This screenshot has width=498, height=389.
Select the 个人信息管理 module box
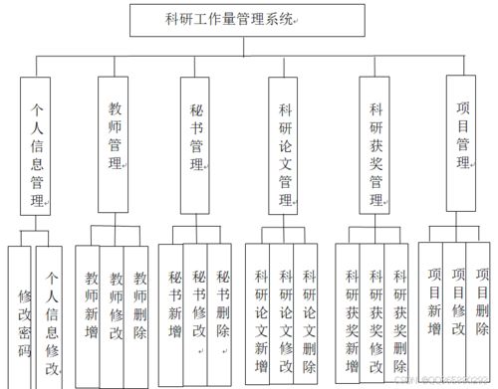(37, 147)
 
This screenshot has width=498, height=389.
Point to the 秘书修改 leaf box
(198, 304)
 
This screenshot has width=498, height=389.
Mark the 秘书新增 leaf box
(174, 304)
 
